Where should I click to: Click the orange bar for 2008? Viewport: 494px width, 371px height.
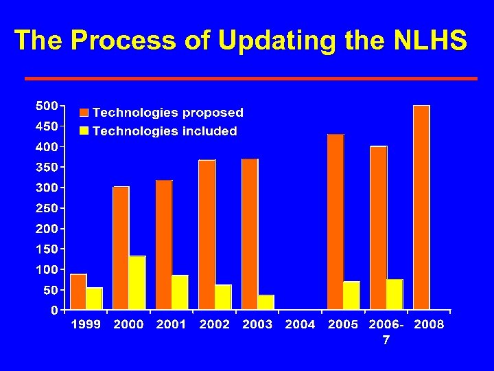(x=421, y=207)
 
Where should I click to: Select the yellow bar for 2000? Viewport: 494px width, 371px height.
(x=137, y=282)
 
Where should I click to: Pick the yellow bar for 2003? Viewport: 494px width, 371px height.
(x=266, y=302)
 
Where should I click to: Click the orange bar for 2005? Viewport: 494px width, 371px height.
(x=336, y=221)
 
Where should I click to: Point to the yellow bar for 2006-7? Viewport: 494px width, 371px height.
(x=395, y=294)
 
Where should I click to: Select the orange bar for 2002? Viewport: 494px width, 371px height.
(x=207, y=234)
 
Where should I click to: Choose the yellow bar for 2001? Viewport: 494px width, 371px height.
(x=180, y=292)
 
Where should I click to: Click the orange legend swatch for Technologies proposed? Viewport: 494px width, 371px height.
(x=84, y=113)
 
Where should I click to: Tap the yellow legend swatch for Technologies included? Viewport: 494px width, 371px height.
(x=84, y=131)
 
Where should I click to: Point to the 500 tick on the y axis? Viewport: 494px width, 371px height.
(x=47, y=106)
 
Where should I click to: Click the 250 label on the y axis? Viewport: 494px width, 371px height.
(x=47, y=207)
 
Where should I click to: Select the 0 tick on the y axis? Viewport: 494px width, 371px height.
(x=54, y=310)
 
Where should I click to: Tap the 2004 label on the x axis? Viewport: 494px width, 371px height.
(x=300, y=324)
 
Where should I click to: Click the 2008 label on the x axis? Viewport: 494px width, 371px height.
(x=429, y=324)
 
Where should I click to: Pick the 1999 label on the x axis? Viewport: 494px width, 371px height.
(x=86, y=324)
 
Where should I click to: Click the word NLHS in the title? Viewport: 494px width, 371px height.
(x=431, y=41)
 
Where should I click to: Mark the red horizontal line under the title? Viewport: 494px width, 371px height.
(x=250, y=78)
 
